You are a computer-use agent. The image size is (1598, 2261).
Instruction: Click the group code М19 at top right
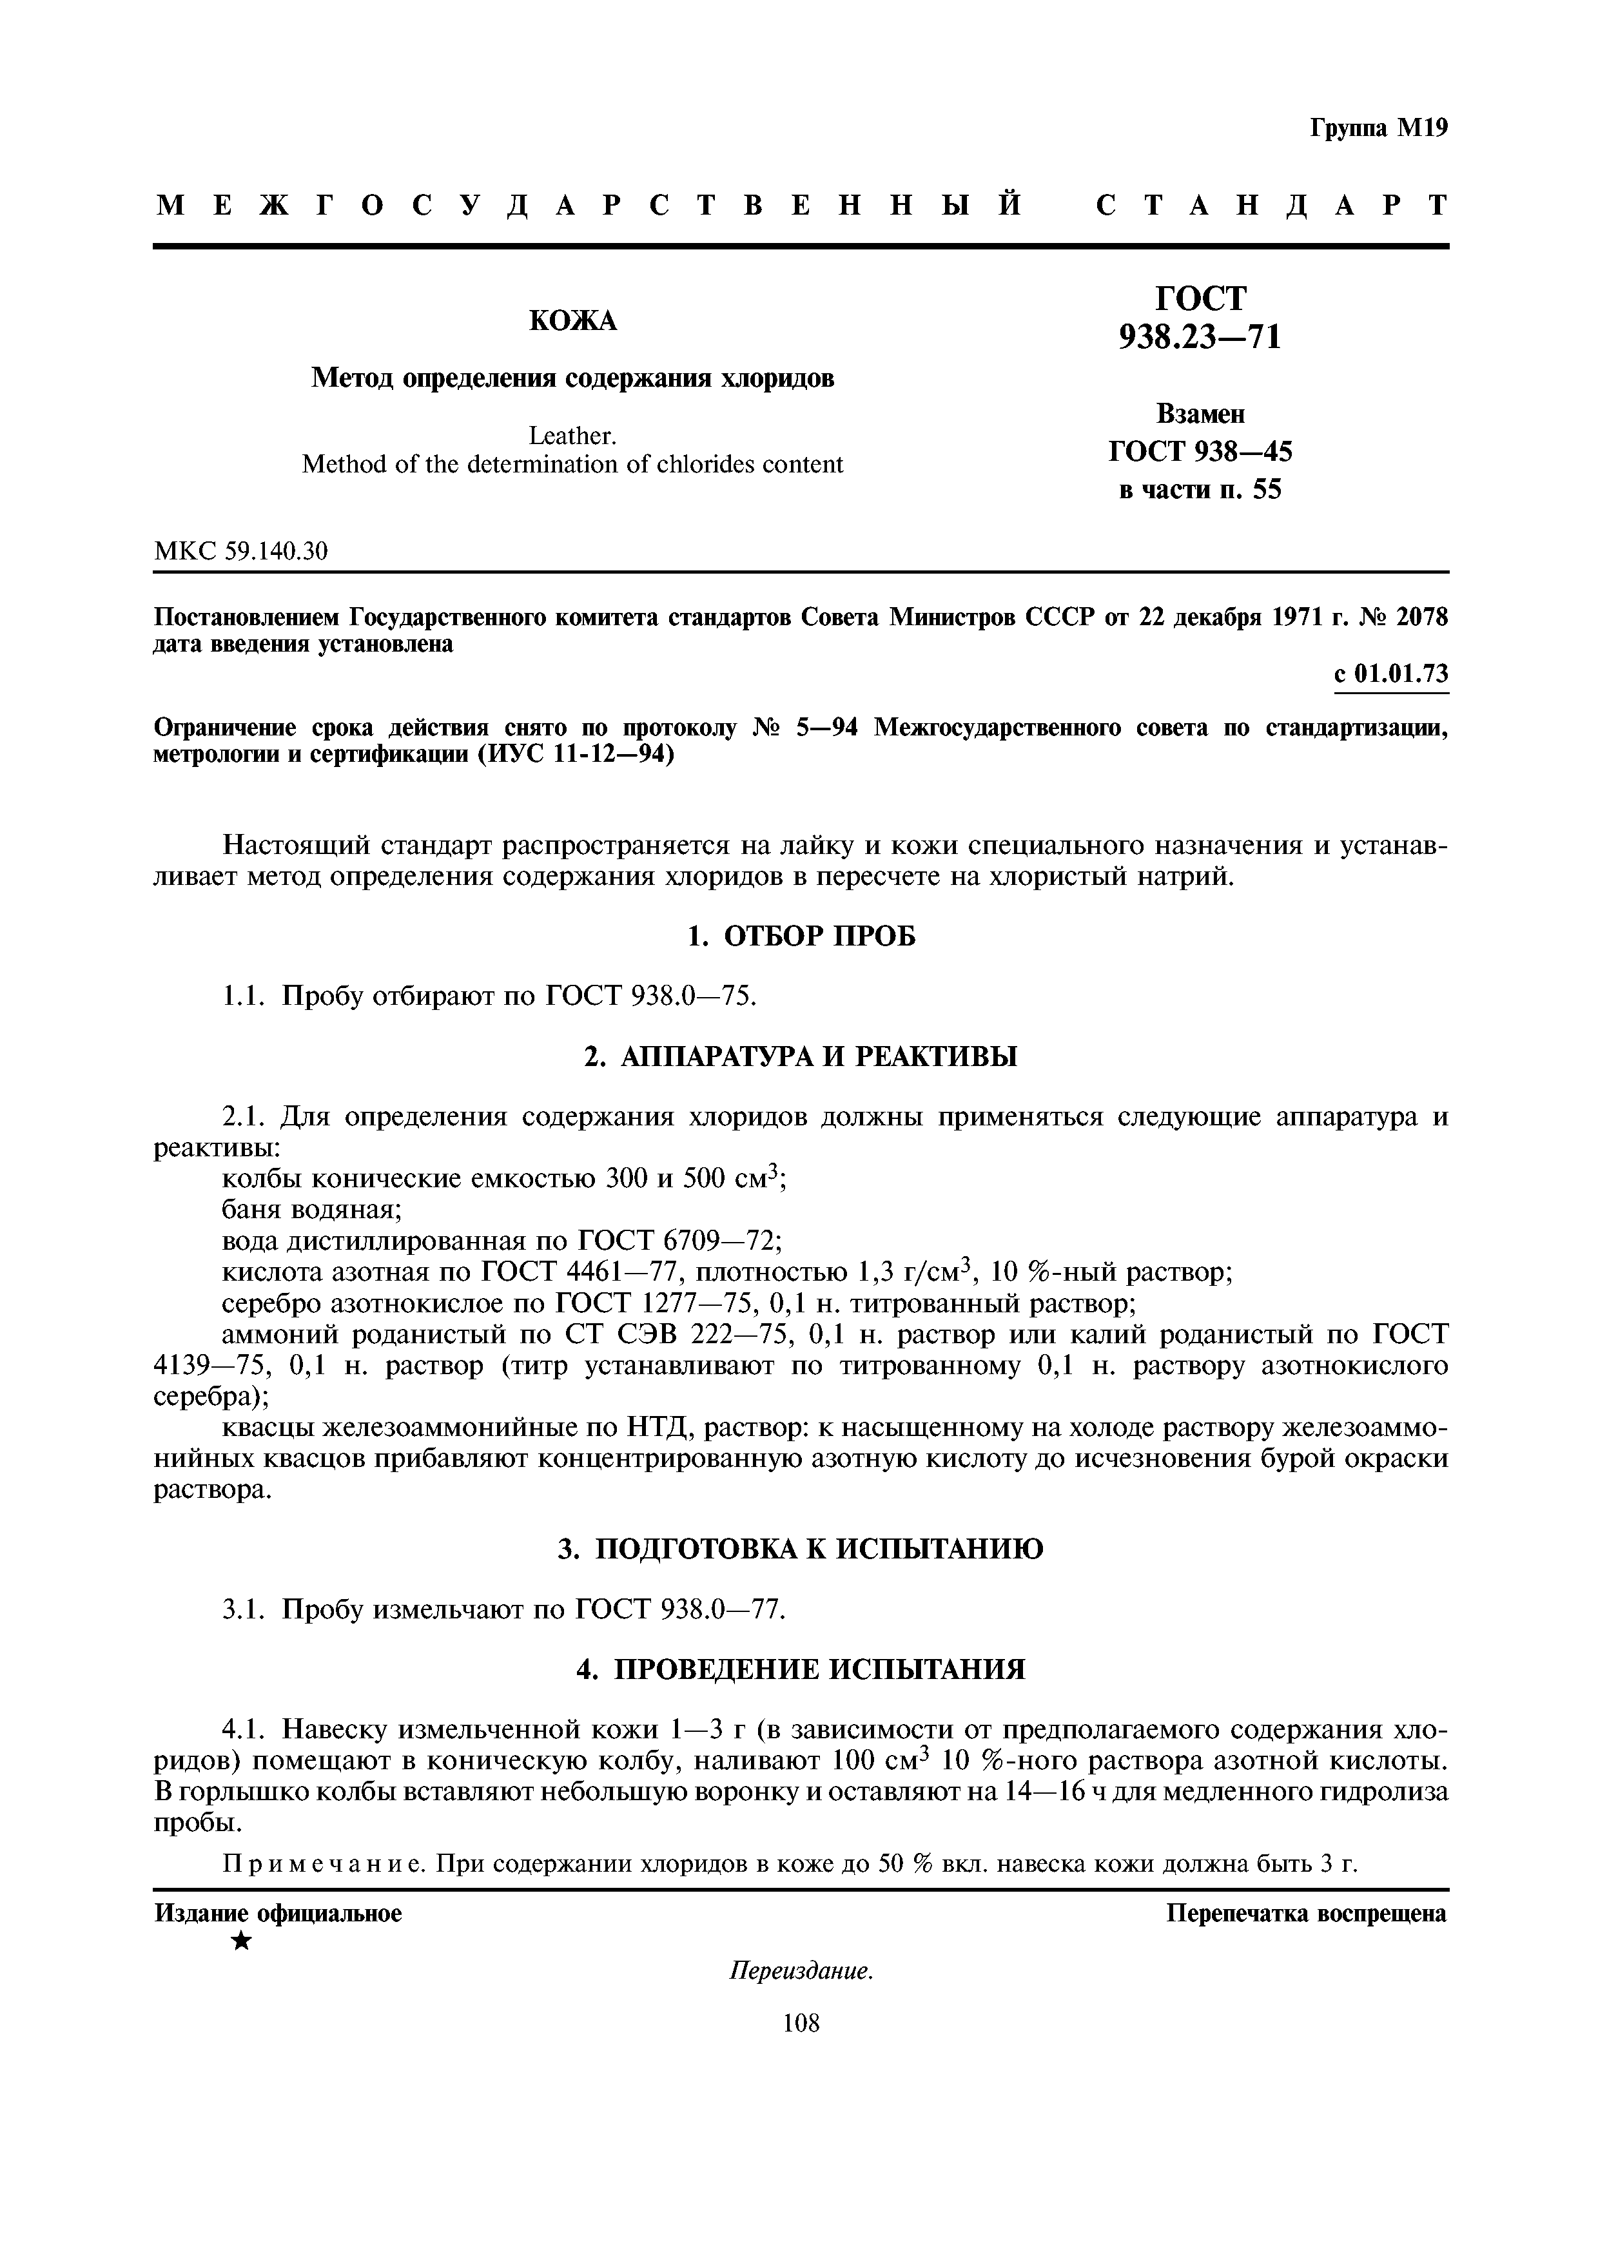(x=1421, y=129)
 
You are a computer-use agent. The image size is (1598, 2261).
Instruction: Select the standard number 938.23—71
(x=1199, y=338)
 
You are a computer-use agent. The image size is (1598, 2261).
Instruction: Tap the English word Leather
(x=572, y=435)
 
